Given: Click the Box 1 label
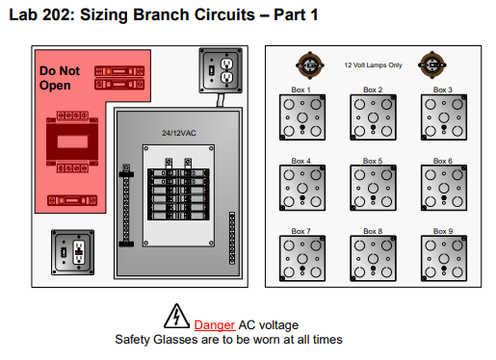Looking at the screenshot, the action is coord(300,90).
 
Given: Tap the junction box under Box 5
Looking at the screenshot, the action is coord(373,188).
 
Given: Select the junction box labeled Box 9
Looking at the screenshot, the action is coord(444,258).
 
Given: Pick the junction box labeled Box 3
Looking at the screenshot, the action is coord(444,117).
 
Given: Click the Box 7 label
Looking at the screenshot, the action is coord(300,231).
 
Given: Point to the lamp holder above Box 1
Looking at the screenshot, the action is coord(310,65).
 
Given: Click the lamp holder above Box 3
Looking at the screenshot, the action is coord(432,65).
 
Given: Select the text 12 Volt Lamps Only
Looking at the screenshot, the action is coord(373,65).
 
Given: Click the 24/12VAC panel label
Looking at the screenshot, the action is coord(179,133).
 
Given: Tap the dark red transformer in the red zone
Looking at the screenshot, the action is coord(72,141).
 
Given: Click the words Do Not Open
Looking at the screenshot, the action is coord(60,78).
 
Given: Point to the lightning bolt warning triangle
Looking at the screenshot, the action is coord(176,316).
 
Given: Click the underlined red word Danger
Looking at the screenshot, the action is coord(215,325).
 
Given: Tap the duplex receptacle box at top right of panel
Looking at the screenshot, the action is coord(221,70).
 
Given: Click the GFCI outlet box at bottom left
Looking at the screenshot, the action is coord(72,252).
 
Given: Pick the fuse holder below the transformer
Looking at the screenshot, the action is coord(72,200).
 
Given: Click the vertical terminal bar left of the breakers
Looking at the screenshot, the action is coord(126,205).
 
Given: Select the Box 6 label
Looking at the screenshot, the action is coord(443,161).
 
